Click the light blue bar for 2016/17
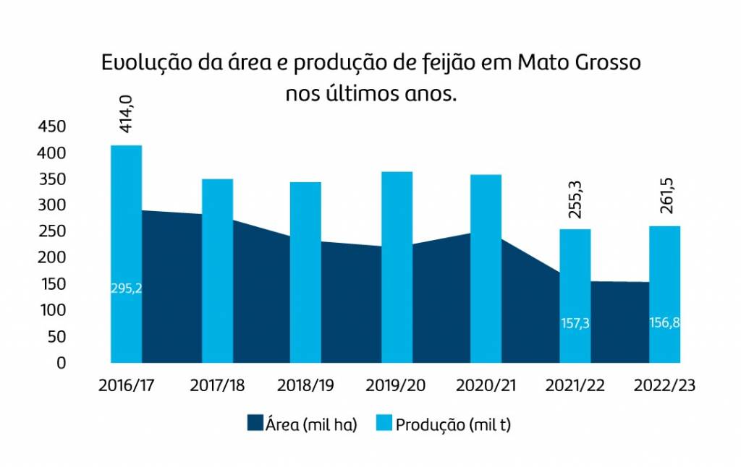126,217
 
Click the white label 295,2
126,288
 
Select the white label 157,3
575,323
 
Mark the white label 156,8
664,322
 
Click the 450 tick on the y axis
51,127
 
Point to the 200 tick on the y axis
51,258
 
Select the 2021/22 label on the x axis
575,386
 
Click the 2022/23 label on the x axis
664,386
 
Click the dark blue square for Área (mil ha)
255,424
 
